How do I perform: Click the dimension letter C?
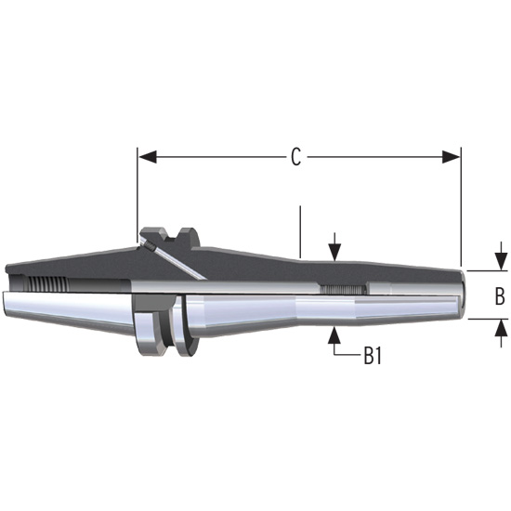tap(295, 158)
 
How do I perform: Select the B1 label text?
tap(373, 357)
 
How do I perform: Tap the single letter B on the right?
tap(499, 297)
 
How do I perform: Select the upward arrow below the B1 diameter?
tap(334, 335)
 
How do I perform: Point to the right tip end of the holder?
tap(461, 294)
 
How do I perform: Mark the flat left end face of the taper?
tap(5, 289)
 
